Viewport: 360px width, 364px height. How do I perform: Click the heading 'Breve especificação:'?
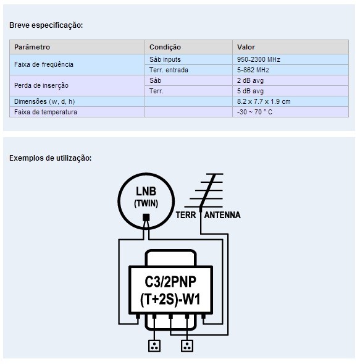tap(46, 25)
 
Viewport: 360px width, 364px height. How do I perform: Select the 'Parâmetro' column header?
tap(32, 47)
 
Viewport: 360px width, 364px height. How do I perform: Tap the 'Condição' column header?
tap(165, 47)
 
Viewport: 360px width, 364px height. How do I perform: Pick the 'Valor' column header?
tap(246, 47)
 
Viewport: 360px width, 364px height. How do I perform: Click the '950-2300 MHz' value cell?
tap(258, 59)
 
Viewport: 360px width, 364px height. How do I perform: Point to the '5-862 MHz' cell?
tap(253, 70)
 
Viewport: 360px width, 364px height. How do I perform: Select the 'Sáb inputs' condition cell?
tap(165, 59)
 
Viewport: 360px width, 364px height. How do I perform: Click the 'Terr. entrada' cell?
tap(169, 70)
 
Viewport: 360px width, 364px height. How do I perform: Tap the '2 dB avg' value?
tap(250, 80)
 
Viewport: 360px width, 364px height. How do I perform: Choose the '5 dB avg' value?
tap(250, 91)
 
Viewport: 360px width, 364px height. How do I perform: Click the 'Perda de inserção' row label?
tap(41, 85)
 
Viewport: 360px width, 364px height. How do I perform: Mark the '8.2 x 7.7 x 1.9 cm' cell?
tap(264, 101)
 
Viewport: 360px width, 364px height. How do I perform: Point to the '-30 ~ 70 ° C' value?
tap(254, 112)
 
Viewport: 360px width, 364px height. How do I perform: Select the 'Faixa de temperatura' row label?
tap(46, 112)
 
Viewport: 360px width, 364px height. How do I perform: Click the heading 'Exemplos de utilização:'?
tap(51, 158)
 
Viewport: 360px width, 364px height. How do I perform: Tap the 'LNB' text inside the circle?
tap(146, 192)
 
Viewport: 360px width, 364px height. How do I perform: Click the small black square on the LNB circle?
tap(146, 218)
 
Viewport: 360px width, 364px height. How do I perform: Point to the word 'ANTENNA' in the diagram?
tap(222, 215)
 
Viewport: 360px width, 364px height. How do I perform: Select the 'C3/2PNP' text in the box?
tap(170, 282)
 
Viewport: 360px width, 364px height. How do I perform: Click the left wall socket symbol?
tap(154, 346)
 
